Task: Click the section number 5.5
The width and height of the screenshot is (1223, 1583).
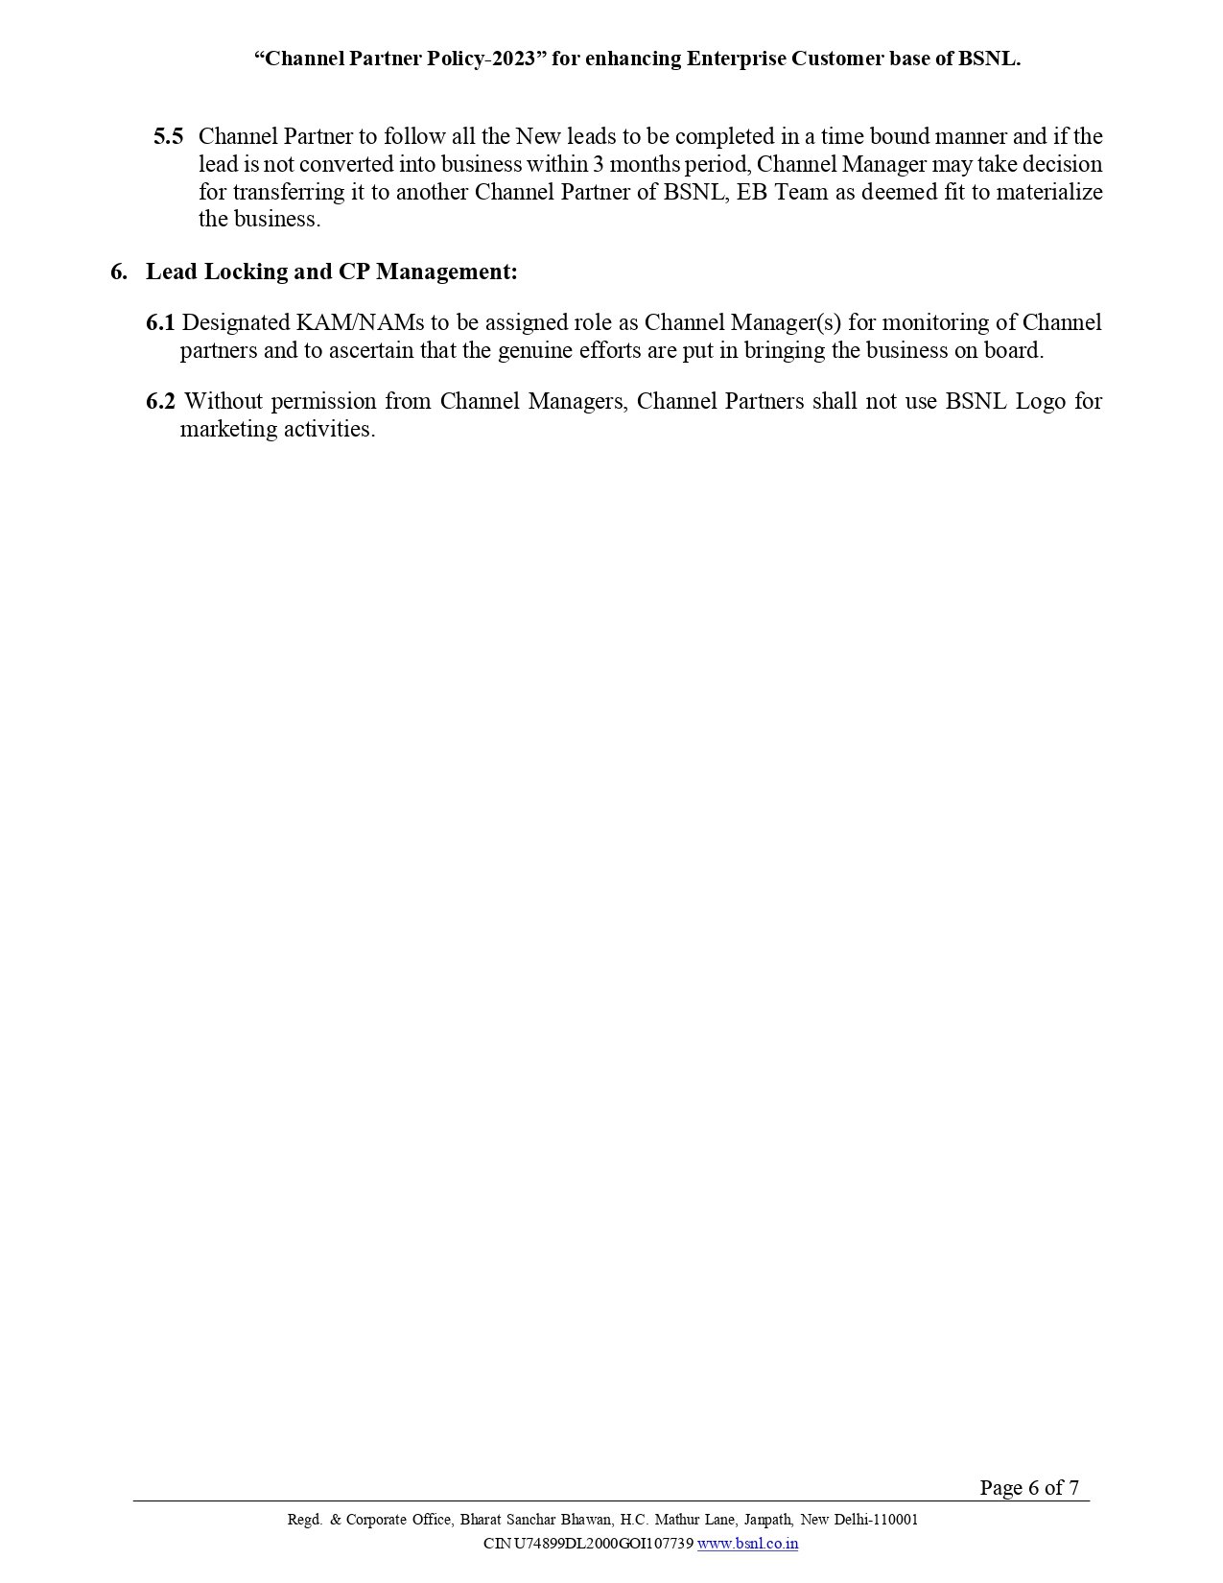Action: [168, 136]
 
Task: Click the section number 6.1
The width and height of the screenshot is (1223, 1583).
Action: [160, 322]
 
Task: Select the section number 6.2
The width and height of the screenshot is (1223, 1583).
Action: [160, 401]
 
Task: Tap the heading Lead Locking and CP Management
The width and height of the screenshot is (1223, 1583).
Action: [331, 272]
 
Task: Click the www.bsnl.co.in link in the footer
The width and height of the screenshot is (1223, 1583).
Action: [747, 1544]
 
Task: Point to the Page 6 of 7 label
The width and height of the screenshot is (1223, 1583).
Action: [1028, 1488]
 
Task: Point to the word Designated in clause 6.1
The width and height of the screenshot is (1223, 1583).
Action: [234, 322]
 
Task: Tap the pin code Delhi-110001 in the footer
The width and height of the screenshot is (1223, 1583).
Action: [876, 1520]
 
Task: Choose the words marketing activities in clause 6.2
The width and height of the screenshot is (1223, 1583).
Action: [277, 429]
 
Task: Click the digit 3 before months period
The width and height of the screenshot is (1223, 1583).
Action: [600, 164]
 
